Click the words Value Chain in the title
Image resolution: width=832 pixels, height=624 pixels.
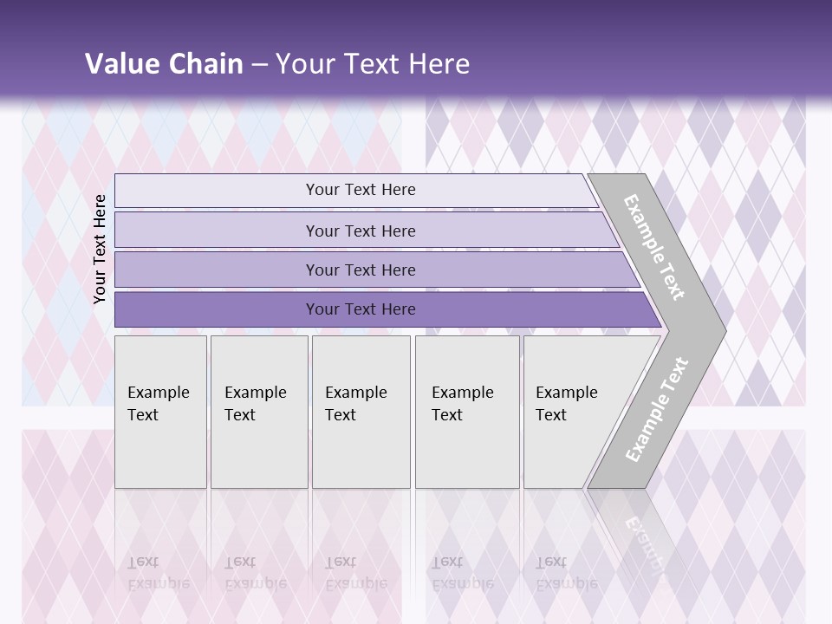[164, 64]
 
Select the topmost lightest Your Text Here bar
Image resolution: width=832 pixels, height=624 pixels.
[360, 190]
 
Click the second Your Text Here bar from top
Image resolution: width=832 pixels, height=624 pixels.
[360, 231]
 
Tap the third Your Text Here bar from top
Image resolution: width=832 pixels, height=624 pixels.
[360, 270]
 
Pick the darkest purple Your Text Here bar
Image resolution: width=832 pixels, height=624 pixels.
[360, 309]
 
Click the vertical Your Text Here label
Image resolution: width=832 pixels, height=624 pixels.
[101, 249]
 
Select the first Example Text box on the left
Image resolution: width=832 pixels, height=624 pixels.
[160, 412]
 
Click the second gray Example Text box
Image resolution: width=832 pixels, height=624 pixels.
[258, 412]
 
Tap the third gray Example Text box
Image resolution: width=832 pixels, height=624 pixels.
[361, 412]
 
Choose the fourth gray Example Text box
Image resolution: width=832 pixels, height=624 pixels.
[466, 412]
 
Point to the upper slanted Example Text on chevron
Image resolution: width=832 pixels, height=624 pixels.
[654, 247]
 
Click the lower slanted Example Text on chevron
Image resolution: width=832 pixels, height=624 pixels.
[657, 410]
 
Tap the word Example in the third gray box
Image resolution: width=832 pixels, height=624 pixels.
[355, 393]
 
